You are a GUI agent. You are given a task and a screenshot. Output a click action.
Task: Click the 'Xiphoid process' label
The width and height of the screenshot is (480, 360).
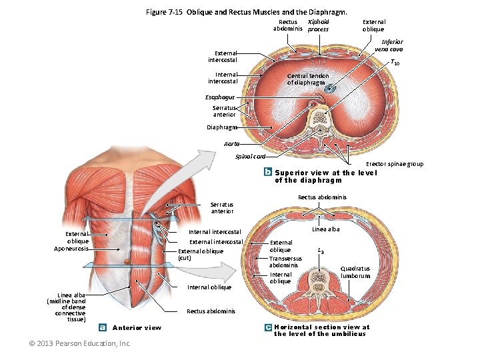click(318, 25)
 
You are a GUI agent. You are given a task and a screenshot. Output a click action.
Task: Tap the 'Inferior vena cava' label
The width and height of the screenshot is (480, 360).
click(388, 45)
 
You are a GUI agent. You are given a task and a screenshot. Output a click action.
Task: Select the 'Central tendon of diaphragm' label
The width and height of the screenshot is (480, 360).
click(307, 79)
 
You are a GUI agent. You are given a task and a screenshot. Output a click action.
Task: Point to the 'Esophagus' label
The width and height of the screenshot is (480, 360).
click(221, 97)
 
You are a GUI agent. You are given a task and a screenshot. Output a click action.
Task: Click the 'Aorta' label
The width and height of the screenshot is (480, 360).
click(232, 143)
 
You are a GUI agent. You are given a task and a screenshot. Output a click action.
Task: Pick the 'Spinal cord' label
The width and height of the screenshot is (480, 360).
click(251, 156)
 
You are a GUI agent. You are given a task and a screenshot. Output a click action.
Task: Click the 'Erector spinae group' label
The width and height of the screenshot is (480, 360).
click(395, 164)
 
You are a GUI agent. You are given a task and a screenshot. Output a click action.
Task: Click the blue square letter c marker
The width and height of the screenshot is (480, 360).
click(267, 327)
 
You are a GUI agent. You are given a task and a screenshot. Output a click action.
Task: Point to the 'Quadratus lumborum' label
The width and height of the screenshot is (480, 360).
click(355, 273)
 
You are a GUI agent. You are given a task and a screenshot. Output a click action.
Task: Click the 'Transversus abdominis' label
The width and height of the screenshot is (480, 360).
click(283, 261)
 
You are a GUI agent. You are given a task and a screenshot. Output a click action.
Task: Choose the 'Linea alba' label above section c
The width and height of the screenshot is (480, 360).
click(326, 229)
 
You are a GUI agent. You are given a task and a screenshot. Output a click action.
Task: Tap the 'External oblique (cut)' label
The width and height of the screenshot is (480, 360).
click(200, 254)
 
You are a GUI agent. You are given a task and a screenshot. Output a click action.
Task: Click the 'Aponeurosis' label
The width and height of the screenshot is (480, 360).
click(71, 249)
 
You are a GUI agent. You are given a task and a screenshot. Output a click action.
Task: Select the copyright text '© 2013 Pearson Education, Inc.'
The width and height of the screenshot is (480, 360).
click(80, 343)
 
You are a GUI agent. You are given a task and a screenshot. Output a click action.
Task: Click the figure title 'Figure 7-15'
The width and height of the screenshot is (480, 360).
click(165, 12)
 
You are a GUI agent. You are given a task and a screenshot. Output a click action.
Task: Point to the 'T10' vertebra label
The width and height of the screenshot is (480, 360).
click(395, 63)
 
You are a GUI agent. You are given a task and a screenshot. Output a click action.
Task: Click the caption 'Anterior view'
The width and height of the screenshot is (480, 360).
click(137, 327)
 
